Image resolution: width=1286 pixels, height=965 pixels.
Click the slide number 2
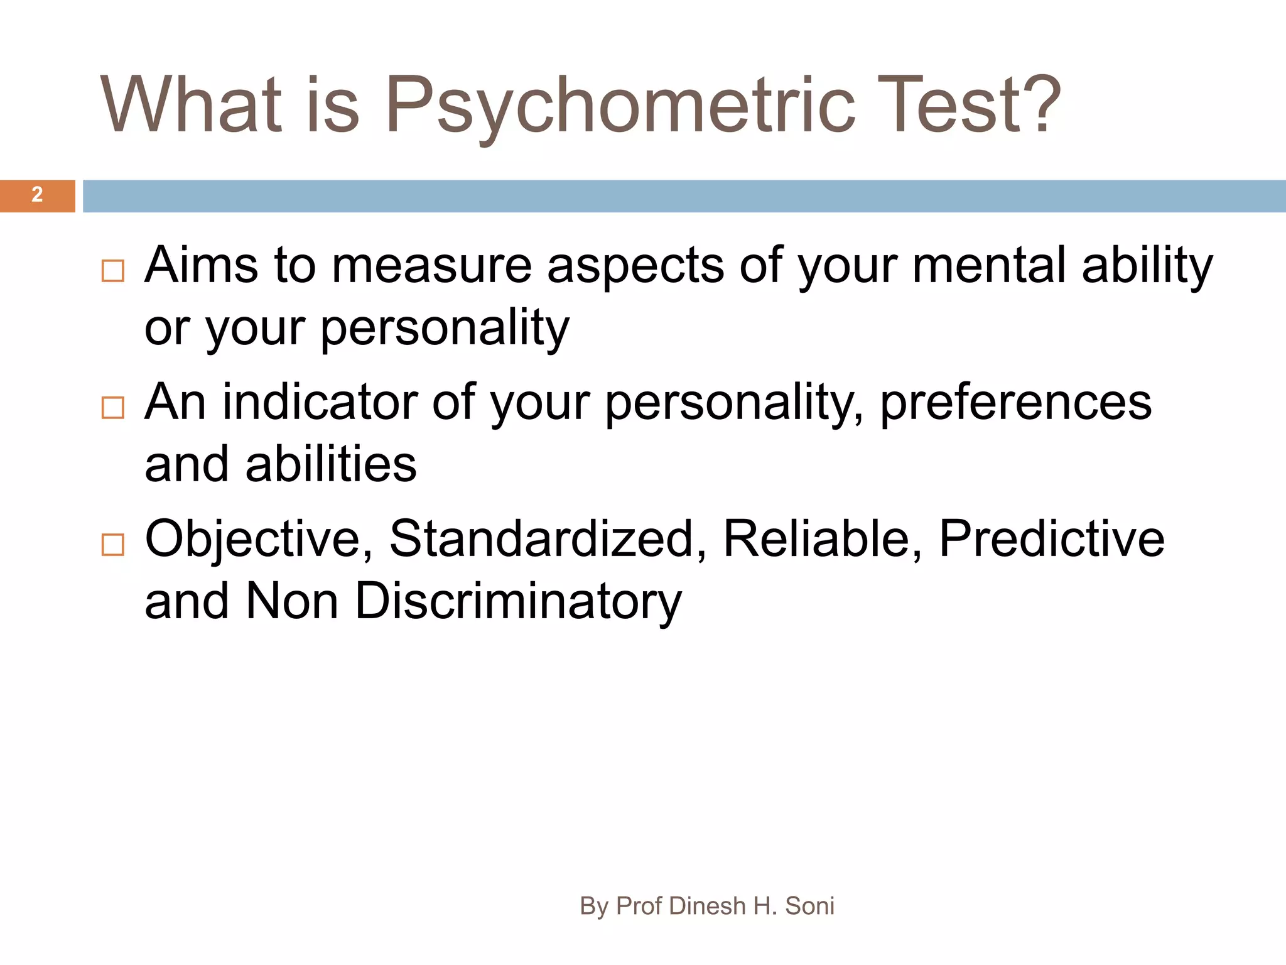(x=37, y=195)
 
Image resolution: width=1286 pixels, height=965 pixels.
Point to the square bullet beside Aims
(x=113, y=271)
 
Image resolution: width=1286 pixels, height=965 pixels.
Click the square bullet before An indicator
(x=113, y=408)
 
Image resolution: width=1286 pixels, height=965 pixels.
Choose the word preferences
(x=1015, y=403)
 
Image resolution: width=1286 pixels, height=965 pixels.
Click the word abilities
(x=331, y=465)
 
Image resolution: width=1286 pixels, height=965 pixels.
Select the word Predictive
(x=1052, y=539)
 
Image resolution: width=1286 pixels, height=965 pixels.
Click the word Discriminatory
(x=518, y=602)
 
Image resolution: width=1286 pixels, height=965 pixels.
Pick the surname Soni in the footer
(x=809, y=906)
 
